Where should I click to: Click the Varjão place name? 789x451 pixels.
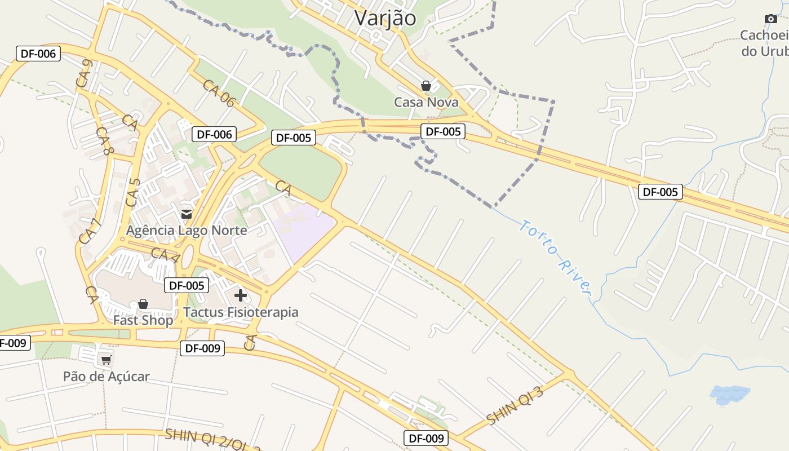(x=385, y=18)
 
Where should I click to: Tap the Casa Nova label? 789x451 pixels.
(x=426, y=102)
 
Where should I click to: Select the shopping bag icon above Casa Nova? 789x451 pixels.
(x=426, y=86)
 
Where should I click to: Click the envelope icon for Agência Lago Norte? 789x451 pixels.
(x=186, y=214)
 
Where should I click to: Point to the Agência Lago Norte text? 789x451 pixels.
(x=187, y=231)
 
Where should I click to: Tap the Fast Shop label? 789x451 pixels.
(x=143, y=320)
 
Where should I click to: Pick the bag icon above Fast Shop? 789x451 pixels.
(x=143, y=304)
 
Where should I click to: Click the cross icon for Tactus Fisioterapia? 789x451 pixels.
(x=241, y=295)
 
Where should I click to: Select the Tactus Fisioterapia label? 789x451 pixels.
(x=241, y=312)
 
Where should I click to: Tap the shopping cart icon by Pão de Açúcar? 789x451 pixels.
(x=106, y=360)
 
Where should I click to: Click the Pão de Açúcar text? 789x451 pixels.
(x=106, y=377)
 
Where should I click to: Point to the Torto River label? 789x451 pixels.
(x=555, y=257)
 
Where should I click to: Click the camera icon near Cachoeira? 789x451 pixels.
(x=771, y=19)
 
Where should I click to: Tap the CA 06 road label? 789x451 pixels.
(x=219, y=94)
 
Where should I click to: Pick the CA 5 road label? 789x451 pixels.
(x=133, y=192)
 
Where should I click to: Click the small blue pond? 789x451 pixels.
(x=730, y=395)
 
